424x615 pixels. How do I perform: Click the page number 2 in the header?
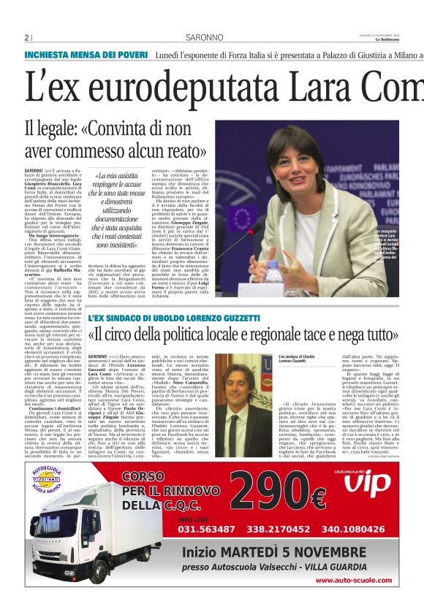27,38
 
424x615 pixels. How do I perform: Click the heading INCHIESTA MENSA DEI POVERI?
86,56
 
